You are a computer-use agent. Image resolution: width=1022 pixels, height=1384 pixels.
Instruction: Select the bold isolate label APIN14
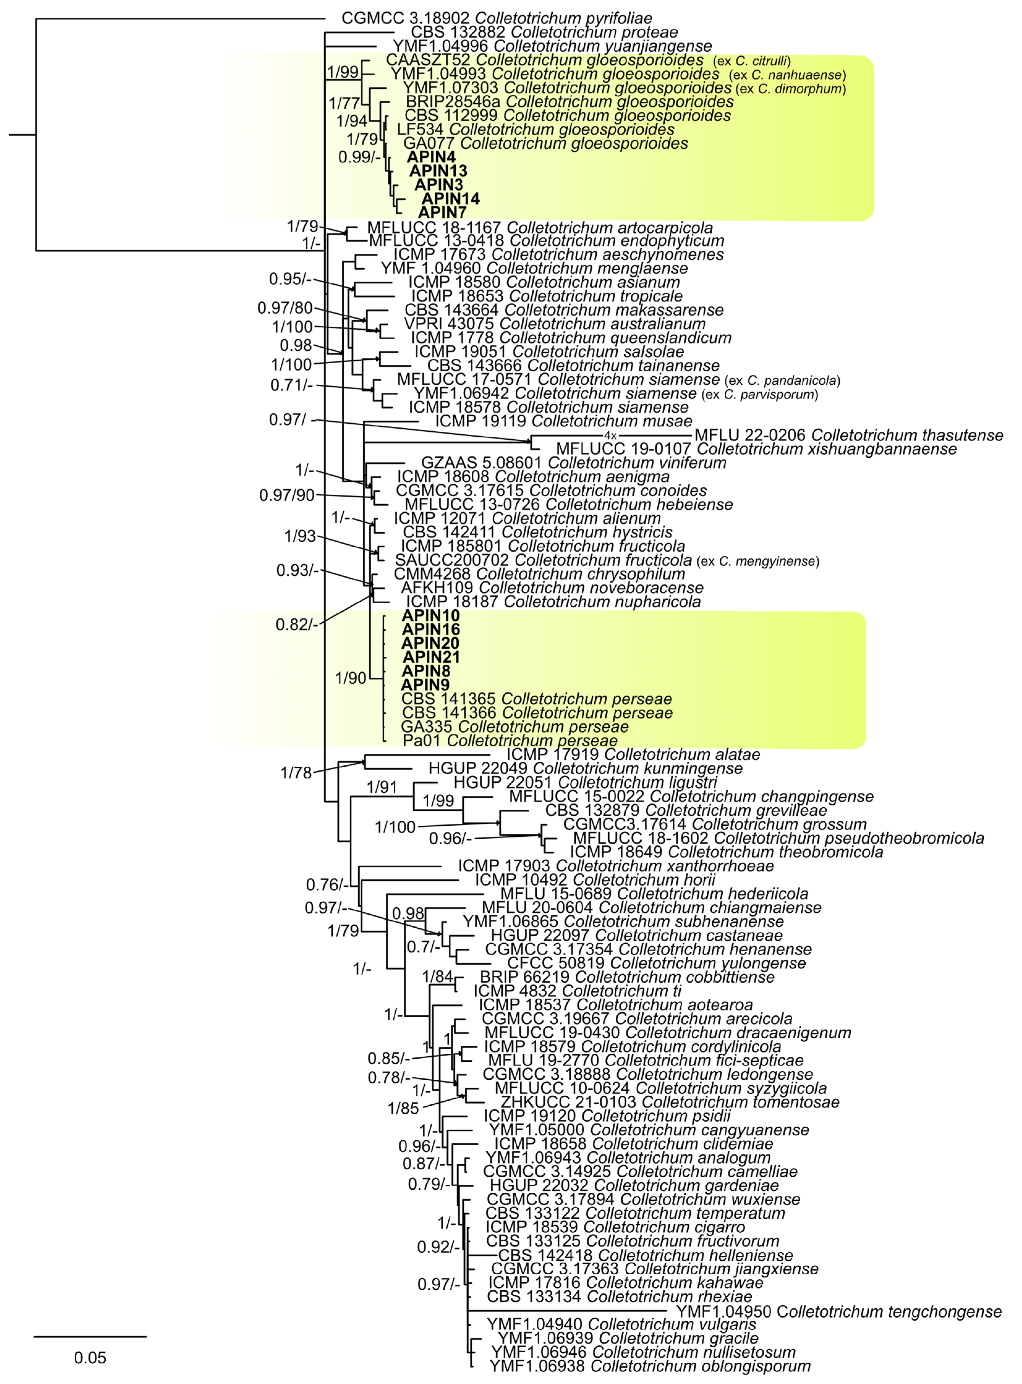(x=450, y=198)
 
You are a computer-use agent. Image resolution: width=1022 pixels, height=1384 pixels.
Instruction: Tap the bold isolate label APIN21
(x=431, y=657)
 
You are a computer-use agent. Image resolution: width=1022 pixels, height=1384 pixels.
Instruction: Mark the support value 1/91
(x=381, y=787)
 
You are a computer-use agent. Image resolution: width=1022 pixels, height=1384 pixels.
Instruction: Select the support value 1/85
(x=403, y=1108)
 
